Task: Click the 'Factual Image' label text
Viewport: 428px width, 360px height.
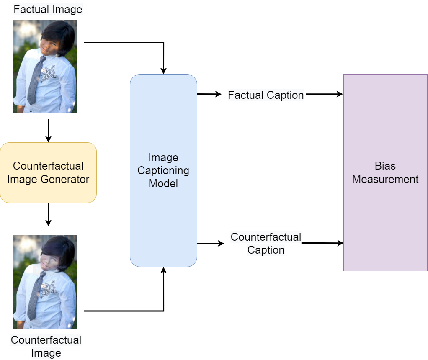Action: point(48,9)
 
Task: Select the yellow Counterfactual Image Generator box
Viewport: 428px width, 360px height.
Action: point(48,172)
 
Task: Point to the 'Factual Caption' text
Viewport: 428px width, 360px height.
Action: point(266,95)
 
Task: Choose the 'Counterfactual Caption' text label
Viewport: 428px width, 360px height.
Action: point(266,243)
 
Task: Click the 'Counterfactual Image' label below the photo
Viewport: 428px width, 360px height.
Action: point(46,346)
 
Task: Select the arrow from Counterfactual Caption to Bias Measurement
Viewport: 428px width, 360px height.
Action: point(322,243)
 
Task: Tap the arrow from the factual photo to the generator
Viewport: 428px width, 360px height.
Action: point(48,131)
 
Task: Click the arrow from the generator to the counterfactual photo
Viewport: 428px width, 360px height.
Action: point(48,214)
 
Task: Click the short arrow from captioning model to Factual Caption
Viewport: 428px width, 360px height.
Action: point(209,95)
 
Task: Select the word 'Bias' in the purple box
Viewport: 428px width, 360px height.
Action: point(385,166)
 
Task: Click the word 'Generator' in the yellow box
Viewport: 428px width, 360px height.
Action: point(65,180)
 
